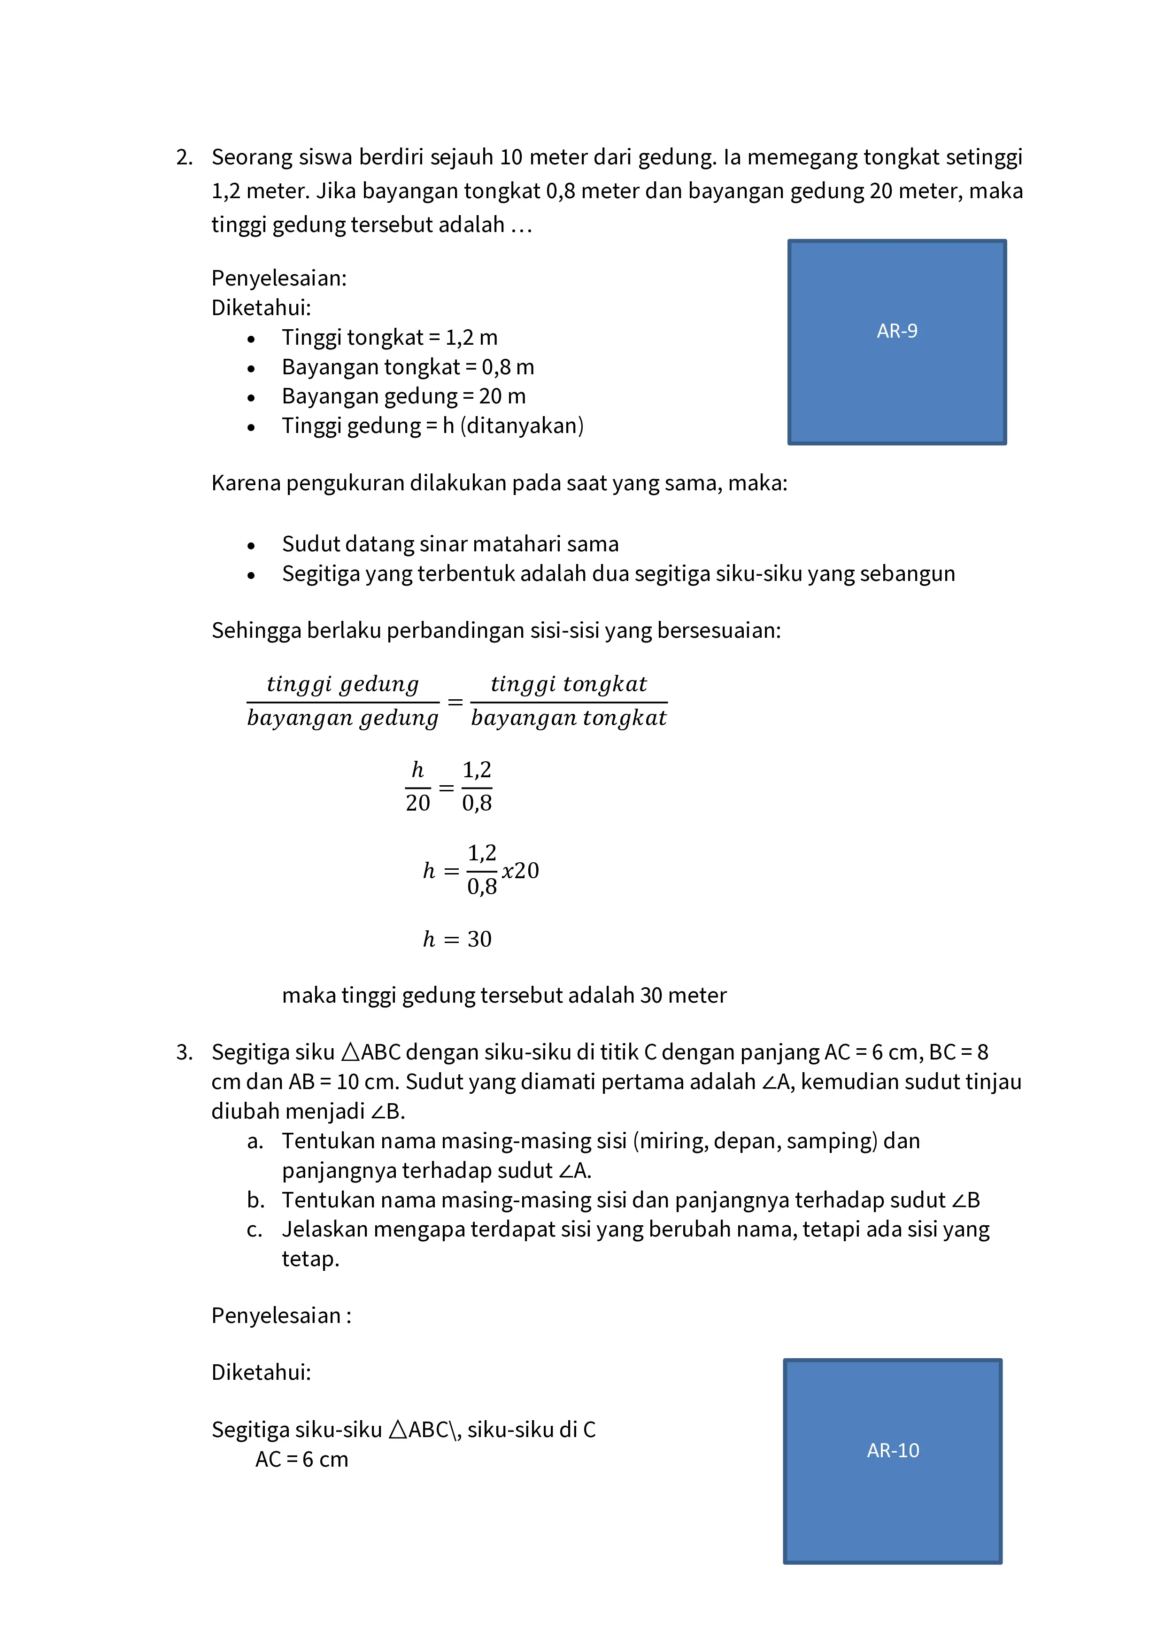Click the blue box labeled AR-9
[x=897, y=342]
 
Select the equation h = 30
[x=457, y=939]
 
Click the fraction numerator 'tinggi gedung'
[x=342, y=684]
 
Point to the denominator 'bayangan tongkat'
[x=568, y=718]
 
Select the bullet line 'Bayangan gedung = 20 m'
[x=403, y=396]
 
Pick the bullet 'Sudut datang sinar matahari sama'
[x=450, y=544]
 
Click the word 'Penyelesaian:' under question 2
[x=278, y=278]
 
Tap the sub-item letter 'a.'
[x=255, y=1141]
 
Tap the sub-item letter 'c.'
[x=255, y=1229]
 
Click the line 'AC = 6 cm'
[x=301, y=1459]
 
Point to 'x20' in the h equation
[x=520, y=871]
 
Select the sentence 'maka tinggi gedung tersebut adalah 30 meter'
[x=503, y=995]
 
